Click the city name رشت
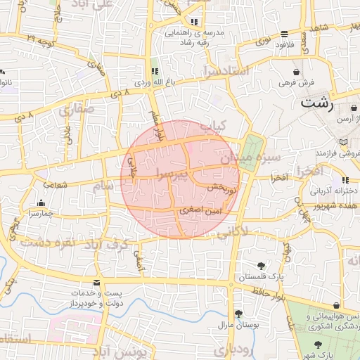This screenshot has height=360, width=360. [x=321, y=103]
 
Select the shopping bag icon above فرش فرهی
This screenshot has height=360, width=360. [x=297, y=72]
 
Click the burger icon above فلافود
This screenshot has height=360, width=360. [x=284, y=34]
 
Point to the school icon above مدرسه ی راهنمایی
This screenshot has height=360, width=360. [x=195, y=22]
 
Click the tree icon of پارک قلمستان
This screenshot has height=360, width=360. [x=261, y=265]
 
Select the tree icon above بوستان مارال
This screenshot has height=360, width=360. [x=238, y=314]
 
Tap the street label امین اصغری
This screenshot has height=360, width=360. [x=191, y=210]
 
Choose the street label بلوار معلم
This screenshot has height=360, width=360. [x=155, y=123]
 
